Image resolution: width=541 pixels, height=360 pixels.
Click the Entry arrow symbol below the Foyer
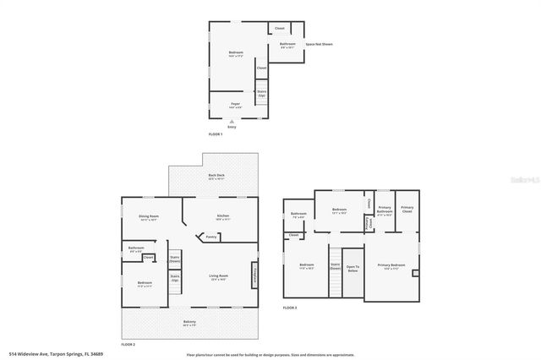231,122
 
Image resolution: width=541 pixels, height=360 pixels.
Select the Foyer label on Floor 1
235,106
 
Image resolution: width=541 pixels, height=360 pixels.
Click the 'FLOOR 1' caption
216,134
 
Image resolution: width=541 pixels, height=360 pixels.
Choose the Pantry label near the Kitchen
211,237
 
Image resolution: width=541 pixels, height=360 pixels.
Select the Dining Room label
149,217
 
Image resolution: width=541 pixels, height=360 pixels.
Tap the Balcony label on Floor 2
189,322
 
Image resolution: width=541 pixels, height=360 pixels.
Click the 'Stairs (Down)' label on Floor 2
175,259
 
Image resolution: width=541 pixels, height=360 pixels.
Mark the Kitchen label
223,216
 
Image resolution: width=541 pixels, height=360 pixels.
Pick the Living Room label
219,277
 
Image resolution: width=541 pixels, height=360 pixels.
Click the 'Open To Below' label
352,269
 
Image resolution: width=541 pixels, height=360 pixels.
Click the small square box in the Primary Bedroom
414,273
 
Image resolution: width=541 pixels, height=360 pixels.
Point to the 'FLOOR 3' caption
290,308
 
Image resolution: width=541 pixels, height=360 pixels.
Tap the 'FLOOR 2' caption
128,344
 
